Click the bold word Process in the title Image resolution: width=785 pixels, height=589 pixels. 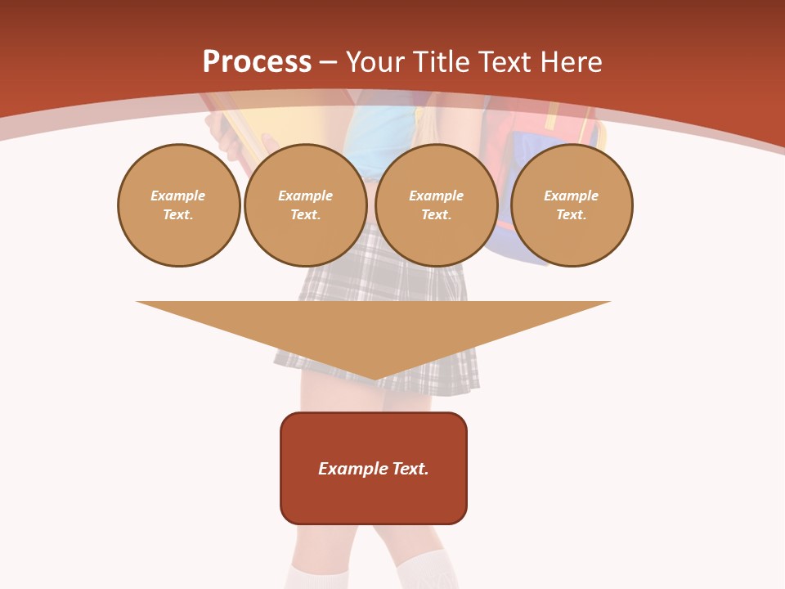click(x=257, y=62)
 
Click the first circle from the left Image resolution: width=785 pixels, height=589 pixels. click(x=178, y=205)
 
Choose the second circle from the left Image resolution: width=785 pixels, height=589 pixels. click(x=305, y=205)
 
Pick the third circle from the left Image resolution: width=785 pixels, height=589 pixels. click(x=436, y=205)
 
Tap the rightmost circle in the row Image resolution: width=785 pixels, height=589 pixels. click(x=571, y=205)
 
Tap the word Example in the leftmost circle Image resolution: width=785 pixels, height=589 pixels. click(x=178, y=196)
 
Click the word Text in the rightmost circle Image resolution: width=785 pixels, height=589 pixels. click(x=570, y=215)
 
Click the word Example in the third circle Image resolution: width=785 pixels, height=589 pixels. click(x=436, y=196)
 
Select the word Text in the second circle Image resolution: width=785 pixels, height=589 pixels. click(x=303, y=215)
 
